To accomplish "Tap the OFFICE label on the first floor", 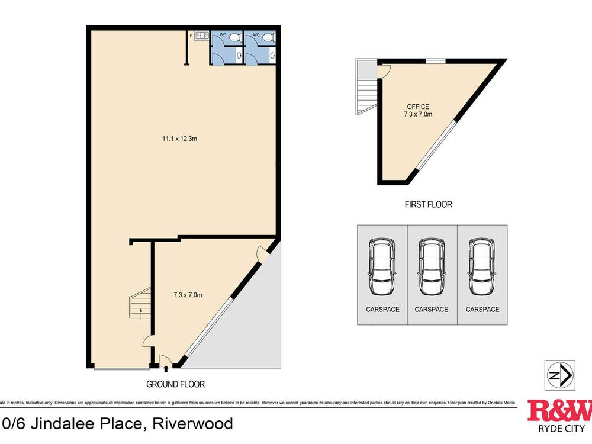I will tap(417, 107).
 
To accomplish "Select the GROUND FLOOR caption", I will tap(175, 384).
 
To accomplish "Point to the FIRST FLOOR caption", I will tap(428, 204).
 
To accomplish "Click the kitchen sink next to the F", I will tap(201, 36).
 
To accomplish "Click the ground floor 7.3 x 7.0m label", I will tap(188, 295).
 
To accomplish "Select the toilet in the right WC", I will tap(269, 37).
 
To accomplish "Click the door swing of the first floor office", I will tap(385, 71).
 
